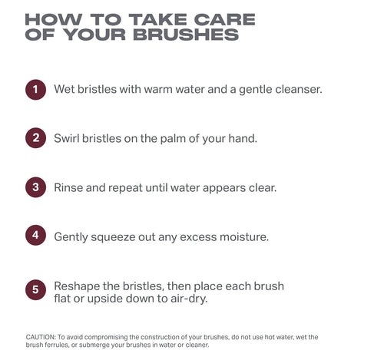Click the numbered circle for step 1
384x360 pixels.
pos(35,90)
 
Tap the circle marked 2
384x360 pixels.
pos(35,139)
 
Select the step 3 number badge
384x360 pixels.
pos(35,187)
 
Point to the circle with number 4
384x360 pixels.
pos(35,236)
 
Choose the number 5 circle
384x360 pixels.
pos(35,291)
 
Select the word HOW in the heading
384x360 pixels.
pos(52,19)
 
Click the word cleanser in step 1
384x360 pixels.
pos(296,90)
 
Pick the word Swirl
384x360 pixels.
pos(69,139)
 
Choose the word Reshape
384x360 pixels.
pos(78,286)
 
